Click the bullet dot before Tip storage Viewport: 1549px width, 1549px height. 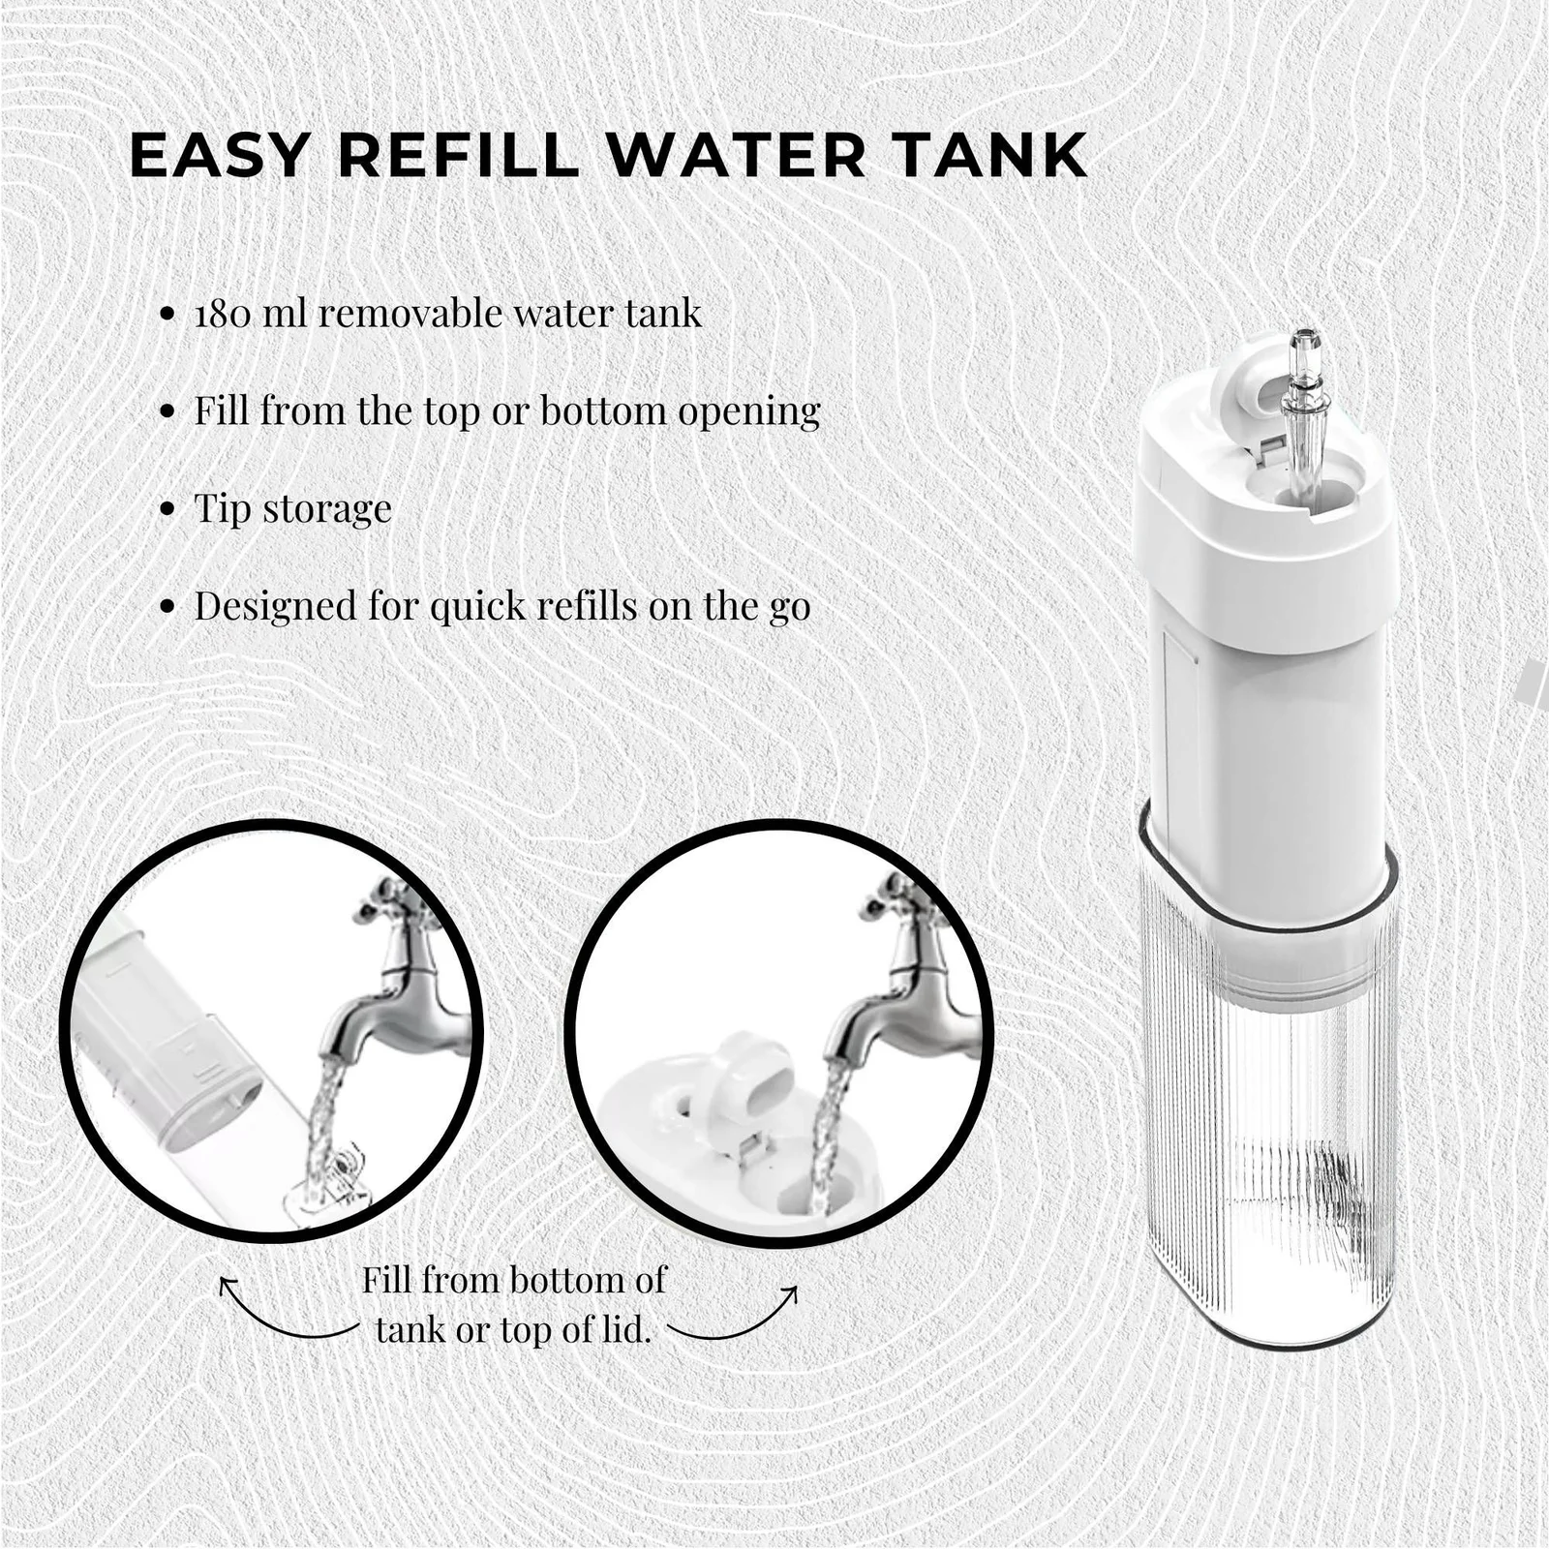[x=168, y=509]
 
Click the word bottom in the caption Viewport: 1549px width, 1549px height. [x=565, y=1281]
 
